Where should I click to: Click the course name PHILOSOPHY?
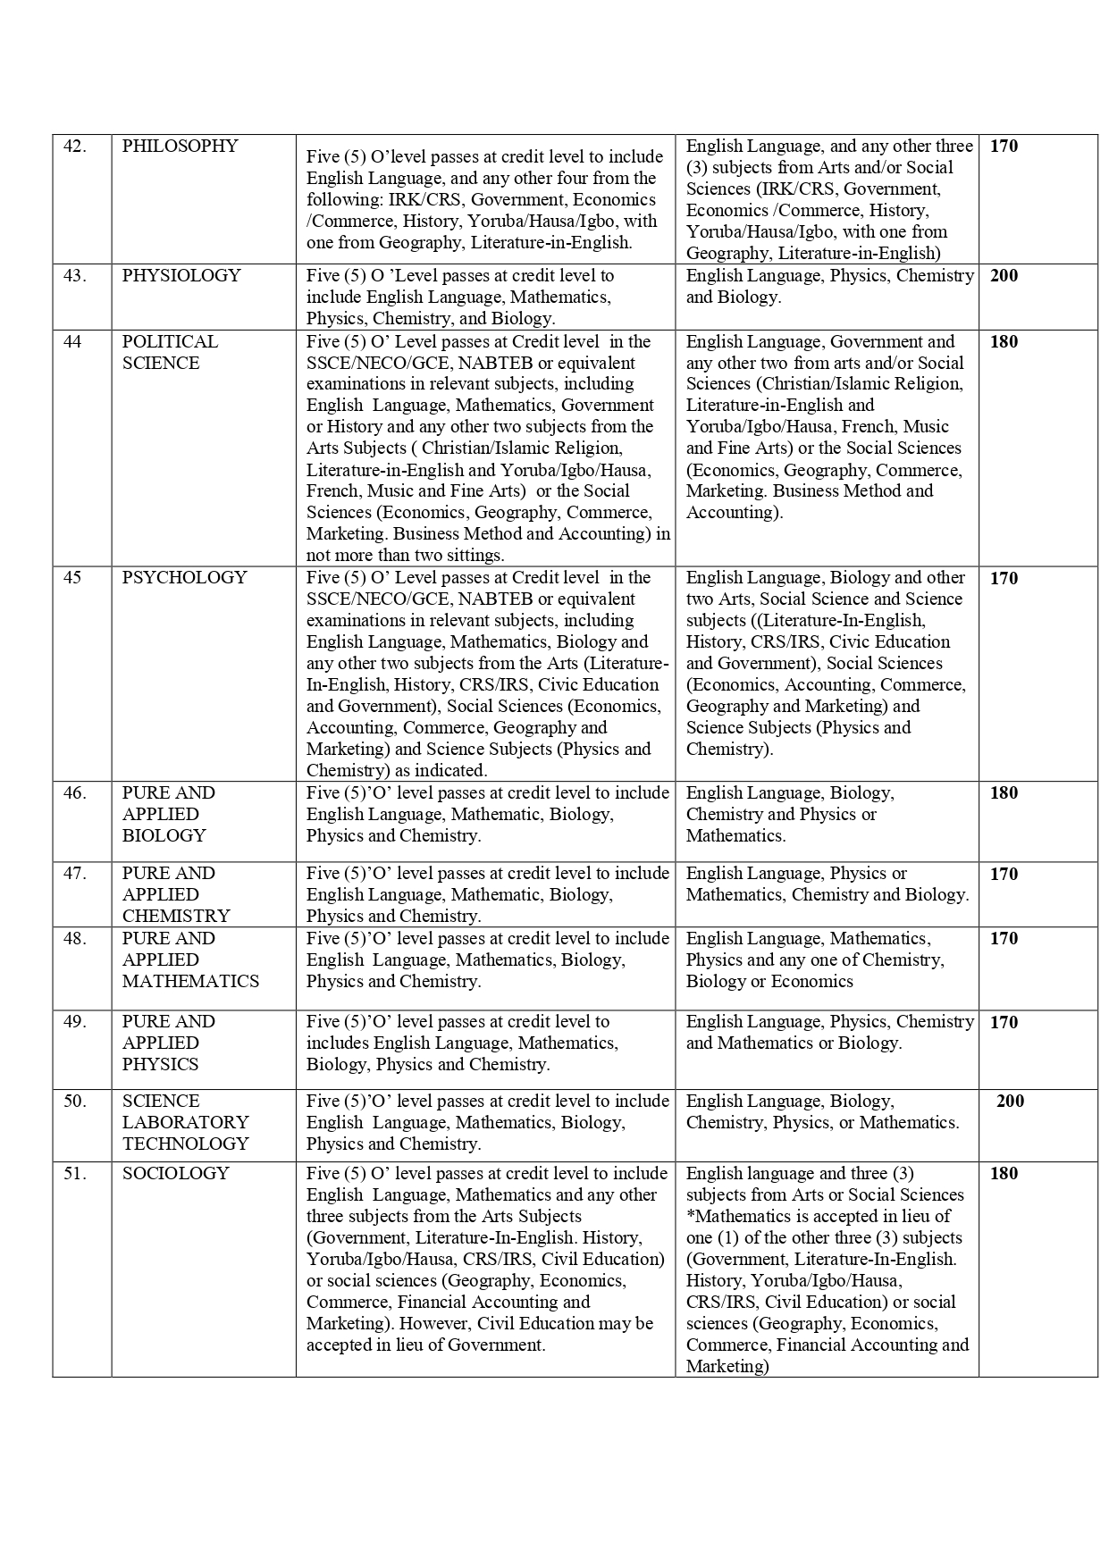(180, 147)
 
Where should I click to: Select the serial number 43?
(74, 276)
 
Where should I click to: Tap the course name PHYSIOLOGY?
(181, 276)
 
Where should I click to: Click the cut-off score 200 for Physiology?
(1004, 276)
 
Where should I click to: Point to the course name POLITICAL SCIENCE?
(170, 352)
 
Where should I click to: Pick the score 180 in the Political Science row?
(1004, 342)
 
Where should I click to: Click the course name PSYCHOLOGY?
(184, 578)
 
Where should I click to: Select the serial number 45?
(72, 578)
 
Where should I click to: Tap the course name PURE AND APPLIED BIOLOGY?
(168, 814)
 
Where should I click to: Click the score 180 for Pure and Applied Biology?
(1004, 793)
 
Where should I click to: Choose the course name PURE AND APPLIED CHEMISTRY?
(176, 894)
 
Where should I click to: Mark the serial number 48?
(74, 939)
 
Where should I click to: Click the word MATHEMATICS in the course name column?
(190, 982)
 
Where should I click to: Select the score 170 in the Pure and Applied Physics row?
(1004, 1022)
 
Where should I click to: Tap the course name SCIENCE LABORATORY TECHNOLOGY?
(185, 1123)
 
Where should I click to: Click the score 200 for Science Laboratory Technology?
(1010, 1102)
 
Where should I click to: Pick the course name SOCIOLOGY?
(175, 1174)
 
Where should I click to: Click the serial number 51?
(74, 1174)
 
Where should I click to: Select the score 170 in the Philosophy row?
(1004, 147)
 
